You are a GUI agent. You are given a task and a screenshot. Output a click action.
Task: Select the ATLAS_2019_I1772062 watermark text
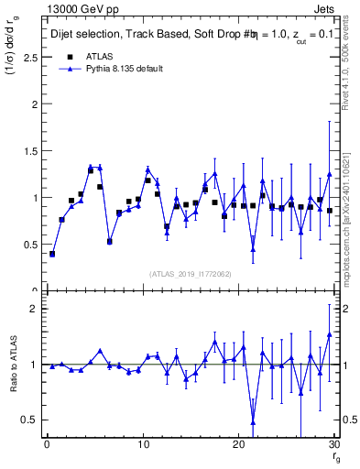pyautogui.click(x=190, y=274)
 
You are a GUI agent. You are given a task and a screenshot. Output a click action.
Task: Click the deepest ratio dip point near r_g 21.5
pyautogui.click(x=253, y=421)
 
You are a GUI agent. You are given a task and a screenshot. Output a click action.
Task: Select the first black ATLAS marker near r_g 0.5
pyautogui.click(x=52, y=254)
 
